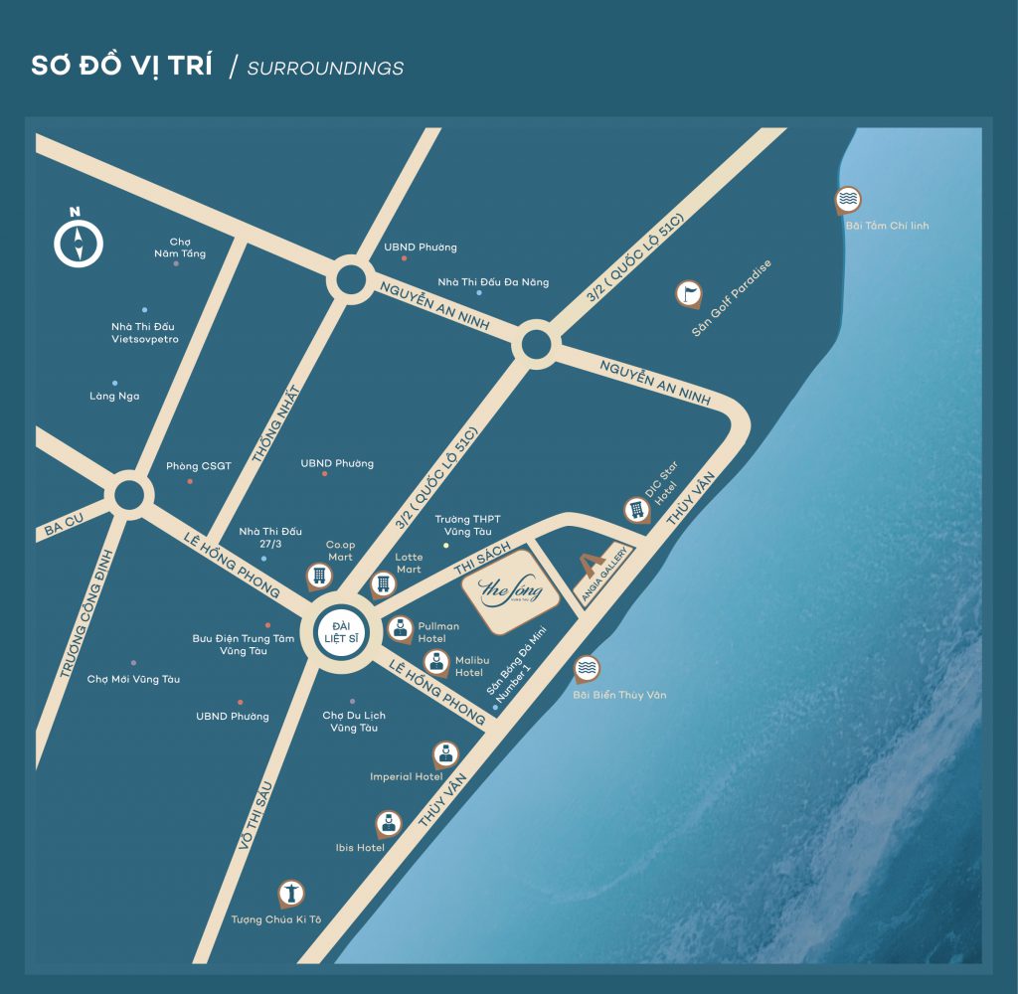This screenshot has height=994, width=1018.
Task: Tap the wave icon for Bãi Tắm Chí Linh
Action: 848,200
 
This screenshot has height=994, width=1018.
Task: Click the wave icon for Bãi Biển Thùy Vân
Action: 588,669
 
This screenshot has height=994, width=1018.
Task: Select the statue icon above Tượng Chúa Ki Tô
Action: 291,894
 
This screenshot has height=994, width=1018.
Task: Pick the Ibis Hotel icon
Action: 388,823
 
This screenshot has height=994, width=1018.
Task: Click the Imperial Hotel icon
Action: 444,752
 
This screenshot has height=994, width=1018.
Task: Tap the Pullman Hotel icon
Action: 401,628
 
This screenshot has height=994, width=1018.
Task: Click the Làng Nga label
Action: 114,396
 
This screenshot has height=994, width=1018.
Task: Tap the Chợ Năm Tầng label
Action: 180,248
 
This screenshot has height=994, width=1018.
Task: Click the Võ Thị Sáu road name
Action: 254,825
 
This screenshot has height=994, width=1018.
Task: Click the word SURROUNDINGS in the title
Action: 325,69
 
